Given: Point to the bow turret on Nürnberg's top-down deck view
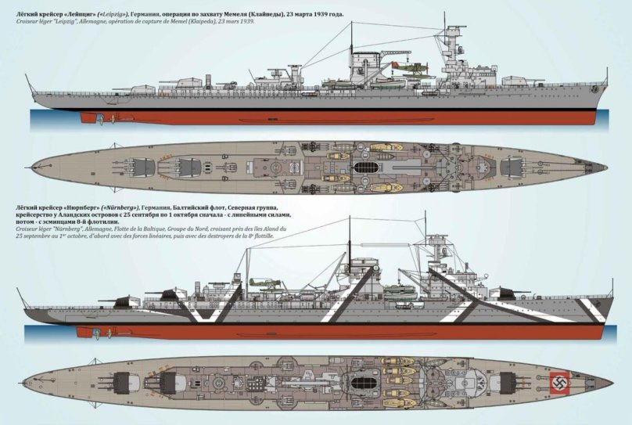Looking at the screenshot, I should pos(516,383).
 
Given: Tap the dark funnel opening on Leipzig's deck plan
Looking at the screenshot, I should pos(364,167).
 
